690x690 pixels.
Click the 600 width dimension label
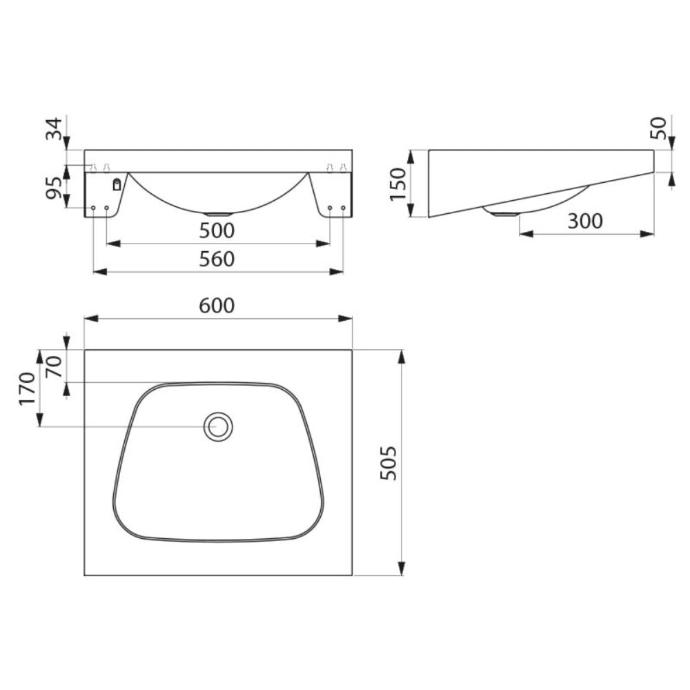[x=218, y=306]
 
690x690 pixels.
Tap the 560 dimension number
[x=218, y=259]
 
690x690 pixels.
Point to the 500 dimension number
[x=218, y=230]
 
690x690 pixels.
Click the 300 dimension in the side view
[x=585, y=221]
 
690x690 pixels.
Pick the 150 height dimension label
[x=398, y=183]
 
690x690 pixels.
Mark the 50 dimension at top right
[x=660, y=128]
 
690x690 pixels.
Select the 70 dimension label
[x=54, y=366]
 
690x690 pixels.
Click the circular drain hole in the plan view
[x=218, y=426]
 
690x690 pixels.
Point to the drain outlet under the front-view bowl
[x=218, y=213]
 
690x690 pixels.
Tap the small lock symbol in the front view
[x=117, y=184]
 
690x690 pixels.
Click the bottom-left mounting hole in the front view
[x=93, y=208]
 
